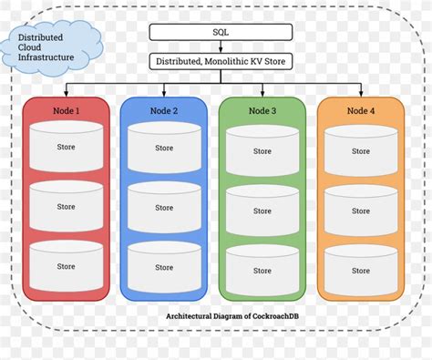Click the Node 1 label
point(66,110)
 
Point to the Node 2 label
point(164,110)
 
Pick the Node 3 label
point(262,110)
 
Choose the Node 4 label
point(361,110)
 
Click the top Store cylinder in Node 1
point(66,147)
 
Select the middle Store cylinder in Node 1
point(66,207)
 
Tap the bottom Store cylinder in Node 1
point(66,266)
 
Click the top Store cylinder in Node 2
point(164,148)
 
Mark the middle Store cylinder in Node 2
point(164,208)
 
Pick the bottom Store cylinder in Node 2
point(164,267)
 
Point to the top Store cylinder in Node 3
point(262,151)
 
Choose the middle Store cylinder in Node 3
point(262,211)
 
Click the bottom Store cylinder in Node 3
point(262,271)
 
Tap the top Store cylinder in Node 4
point(361,151)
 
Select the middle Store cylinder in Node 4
point(361,211)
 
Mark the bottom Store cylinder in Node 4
point(361,271)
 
